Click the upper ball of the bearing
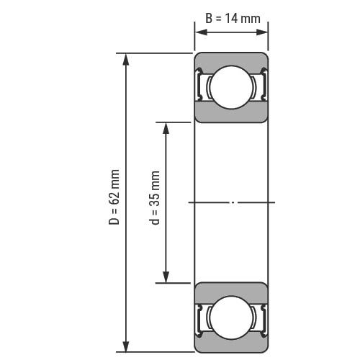click(231, 87)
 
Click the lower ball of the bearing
click(231, 318)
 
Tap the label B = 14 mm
click(233, 19)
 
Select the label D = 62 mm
click(114, 197)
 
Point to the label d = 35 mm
click(154, 197)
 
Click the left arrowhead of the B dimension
click(201, 32)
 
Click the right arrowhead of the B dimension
click(261, 32)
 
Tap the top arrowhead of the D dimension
click(126, 60)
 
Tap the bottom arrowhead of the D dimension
click(126, 346)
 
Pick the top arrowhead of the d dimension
click(166, 128)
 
